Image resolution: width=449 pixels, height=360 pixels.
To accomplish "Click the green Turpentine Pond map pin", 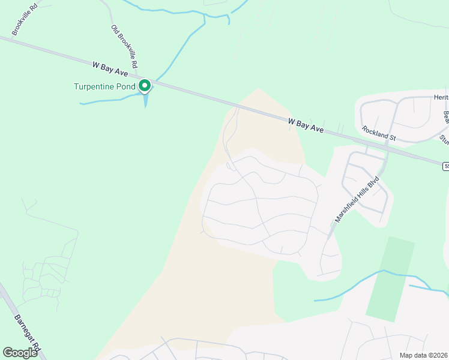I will click(x=145, y=86).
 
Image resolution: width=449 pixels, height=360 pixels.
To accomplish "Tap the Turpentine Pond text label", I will click(x=104, y=86).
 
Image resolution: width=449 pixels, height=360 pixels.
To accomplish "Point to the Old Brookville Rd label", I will click(x=125, y=46).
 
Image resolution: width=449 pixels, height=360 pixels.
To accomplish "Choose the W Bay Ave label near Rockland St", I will click(x=306, y=125).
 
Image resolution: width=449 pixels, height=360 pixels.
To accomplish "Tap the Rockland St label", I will click(x=379, y=133).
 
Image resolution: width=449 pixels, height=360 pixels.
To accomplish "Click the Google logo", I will click(x=20, y=353).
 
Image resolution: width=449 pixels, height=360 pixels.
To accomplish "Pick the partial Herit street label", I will click(x=441, y=97).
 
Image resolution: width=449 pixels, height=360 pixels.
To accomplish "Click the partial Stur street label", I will click(x=444, y=139).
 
